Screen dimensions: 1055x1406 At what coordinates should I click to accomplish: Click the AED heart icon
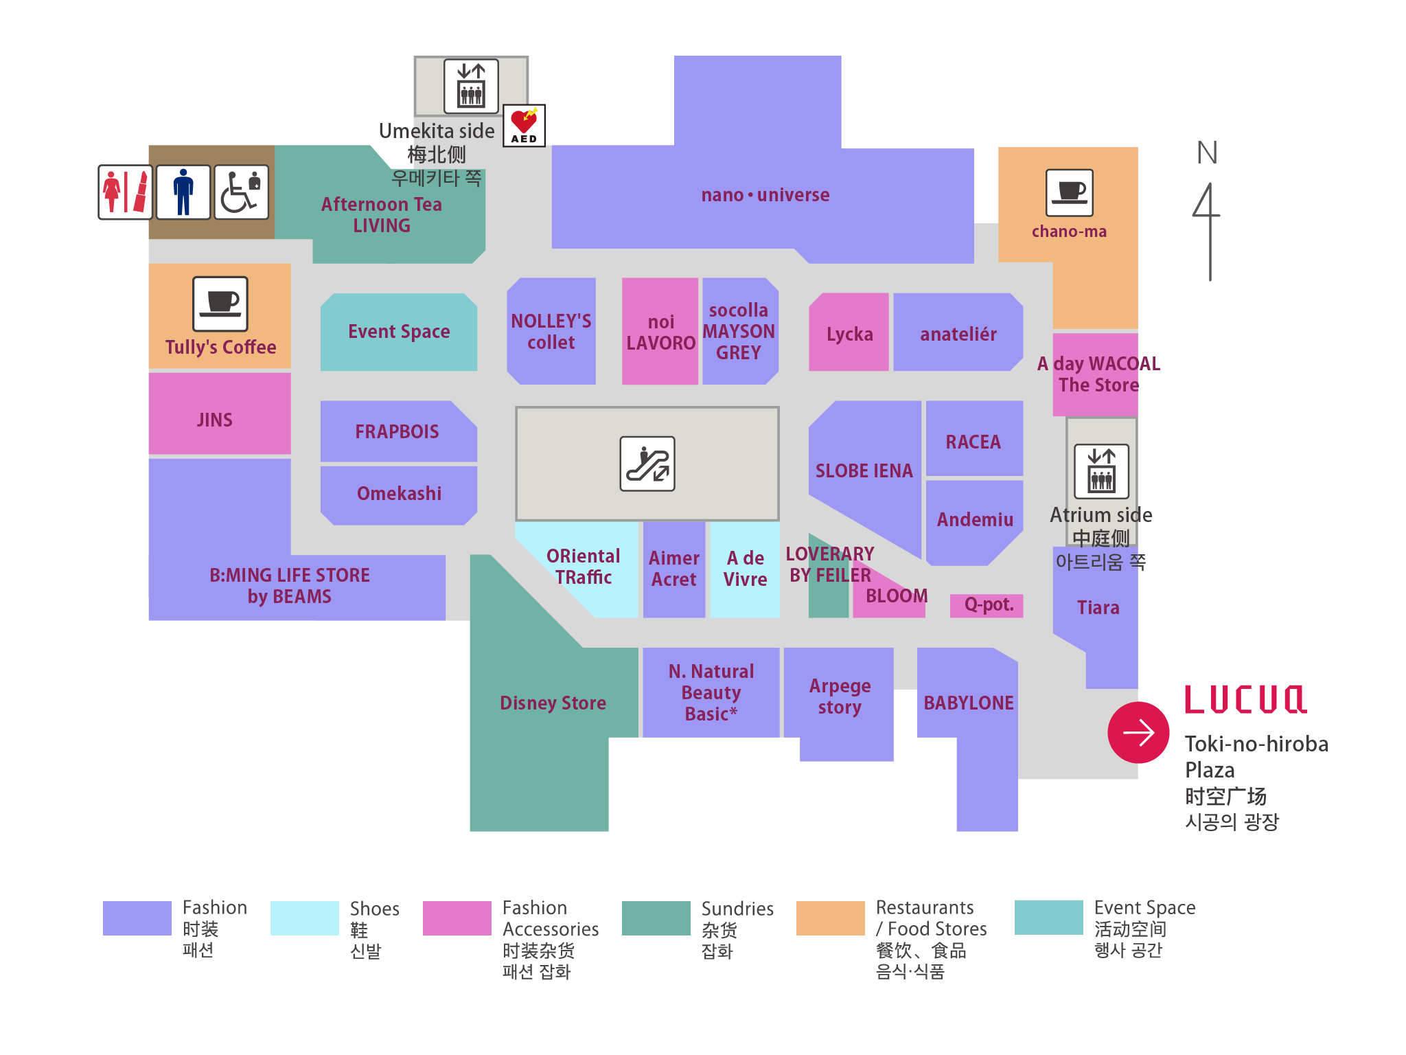coord(525,125)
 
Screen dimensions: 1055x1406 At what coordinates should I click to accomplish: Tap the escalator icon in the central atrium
coord(647,464)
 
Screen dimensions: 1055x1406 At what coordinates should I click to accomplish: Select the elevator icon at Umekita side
coord(471,86)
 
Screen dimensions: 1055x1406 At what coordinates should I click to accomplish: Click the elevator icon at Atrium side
coord(1101,471)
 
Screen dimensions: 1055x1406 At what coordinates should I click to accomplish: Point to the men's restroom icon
coord(183,192)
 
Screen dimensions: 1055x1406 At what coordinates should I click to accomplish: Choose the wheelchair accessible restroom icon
coord(241,192)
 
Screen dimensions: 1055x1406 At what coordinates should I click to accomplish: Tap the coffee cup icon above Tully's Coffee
coord(220,304)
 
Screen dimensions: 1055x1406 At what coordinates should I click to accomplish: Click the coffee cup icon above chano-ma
coord(1069,192)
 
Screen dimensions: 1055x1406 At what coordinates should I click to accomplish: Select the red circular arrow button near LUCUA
coord(1138,732)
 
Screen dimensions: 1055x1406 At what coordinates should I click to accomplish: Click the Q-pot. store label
coord(987,605)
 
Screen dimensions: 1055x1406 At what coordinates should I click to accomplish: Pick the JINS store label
coord(216,420)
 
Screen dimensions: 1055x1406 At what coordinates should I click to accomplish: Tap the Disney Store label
coord(553,703)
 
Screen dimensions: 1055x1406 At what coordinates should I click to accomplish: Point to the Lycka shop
coord(849,334)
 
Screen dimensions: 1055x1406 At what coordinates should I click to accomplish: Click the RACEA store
coord(973,442)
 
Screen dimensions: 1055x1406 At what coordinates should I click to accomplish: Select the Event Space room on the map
coord(399,332)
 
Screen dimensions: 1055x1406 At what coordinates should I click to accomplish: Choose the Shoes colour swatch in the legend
coord(304,918)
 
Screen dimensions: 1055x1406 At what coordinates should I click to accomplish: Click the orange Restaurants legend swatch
coord(830,918)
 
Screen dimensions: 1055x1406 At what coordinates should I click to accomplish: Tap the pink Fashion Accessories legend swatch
coord(457,918)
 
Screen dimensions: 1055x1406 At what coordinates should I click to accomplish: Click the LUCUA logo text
coord(1245,701)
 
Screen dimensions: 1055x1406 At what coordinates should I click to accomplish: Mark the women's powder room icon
coord(126,192)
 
